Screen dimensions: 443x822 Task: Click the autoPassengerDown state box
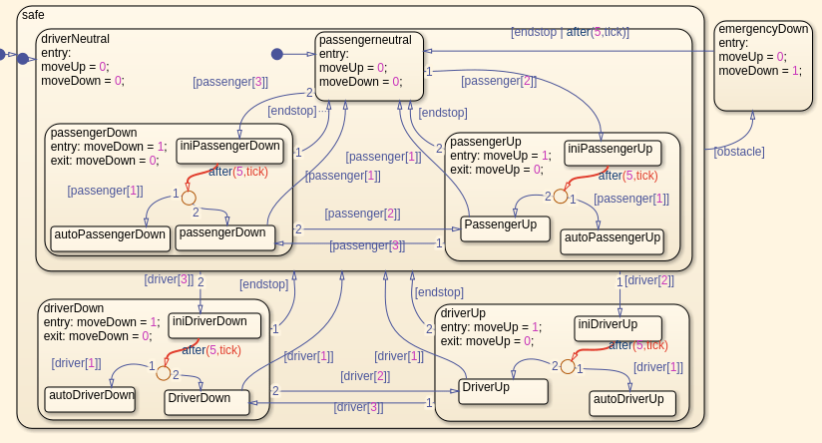point(109,238)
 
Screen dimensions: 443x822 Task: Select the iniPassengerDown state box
point(229,150)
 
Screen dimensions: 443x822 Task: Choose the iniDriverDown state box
point(214,325)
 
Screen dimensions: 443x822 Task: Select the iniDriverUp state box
point(617,328)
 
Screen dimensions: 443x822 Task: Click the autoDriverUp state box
point(632,403)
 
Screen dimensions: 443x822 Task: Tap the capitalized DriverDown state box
point(206,402)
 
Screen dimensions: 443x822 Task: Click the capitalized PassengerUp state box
point(506,228)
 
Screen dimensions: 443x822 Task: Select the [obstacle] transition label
point(739,152)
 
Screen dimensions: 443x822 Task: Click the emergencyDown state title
point(763,29)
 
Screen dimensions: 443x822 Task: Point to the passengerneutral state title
point(365,40)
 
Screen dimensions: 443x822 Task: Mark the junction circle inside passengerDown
point(189,198)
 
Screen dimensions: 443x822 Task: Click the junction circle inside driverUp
point(568,366)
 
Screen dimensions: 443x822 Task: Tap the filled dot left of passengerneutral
point(277,53)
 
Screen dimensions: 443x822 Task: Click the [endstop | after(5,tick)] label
point(570,32)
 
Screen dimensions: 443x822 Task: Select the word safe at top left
point(34,14)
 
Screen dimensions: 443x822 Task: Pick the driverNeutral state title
point(76,39)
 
